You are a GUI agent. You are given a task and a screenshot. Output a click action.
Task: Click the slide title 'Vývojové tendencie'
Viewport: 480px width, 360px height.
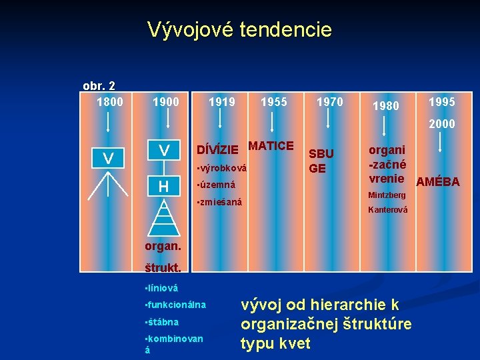[x=239, y=29]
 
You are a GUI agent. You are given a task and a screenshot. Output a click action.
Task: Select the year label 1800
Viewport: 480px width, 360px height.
[x=110, y=102]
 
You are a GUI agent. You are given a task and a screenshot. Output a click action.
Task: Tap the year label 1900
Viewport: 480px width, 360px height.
[x=166, y=102]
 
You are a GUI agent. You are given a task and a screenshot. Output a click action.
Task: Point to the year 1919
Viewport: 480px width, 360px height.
[x=221, y=102]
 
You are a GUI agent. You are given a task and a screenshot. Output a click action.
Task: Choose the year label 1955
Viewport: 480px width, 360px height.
[x=273, y=102]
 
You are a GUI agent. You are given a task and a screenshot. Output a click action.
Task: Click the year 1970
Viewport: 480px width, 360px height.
[x=329, y=102]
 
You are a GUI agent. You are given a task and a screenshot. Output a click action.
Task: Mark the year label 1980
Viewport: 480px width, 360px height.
[x=386, y=105]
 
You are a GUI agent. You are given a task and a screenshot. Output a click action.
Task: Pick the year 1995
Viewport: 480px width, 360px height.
[x=442, y=102]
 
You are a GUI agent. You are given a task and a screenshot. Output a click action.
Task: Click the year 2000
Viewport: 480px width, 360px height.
[x=442, y=124]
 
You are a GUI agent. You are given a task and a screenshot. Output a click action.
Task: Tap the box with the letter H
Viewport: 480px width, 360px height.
[x=163, y=187]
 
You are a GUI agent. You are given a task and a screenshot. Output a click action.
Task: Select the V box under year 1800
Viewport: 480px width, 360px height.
[x=109, y=159]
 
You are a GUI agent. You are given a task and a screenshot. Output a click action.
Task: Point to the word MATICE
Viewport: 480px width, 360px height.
[x=271, y=145]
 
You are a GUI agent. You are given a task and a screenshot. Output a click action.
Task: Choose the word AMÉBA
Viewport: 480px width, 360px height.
[x=438, y=181]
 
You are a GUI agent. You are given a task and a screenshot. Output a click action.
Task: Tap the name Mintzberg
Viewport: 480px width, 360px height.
[x=387, y=195]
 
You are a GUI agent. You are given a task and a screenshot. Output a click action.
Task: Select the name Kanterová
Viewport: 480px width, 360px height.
[x=388, y=210]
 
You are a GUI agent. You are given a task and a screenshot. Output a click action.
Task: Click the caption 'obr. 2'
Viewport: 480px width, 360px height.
[x=99, y=85]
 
